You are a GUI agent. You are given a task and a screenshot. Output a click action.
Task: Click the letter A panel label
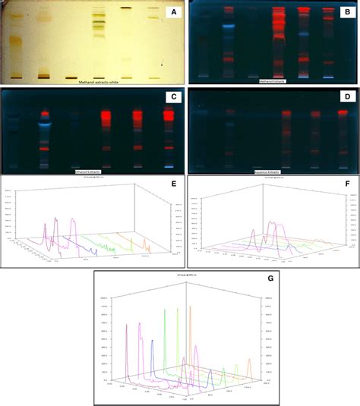[x=172, y=13]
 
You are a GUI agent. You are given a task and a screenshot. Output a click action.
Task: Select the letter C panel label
[x=172, y=96]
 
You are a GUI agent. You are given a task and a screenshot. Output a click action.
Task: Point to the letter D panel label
[x=349, y=96]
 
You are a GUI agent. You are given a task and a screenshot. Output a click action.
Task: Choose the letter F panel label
[x=349, y=184]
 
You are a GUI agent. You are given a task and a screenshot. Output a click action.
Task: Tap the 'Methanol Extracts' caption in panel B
[x=274, y=80]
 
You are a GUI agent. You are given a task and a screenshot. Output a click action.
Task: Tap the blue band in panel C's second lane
[x=45, y=122]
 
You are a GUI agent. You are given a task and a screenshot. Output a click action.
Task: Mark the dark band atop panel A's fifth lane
[x=125, y=8]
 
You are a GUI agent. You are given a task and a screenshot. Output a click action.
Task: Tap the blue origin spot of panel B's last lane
[x=328, y=77]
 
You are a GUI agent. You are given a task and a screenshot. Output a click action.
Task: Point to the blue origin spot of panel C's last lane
[x=168, y=166]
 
